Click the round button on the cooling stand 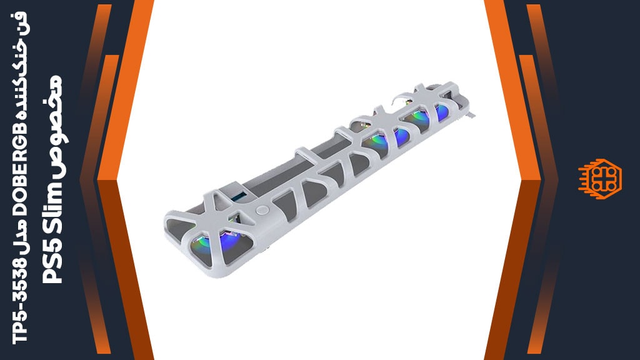click(x=262, y=211)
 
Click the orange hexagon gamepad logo click(x=599, y=179)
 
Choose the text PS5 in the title click(x=52, y=262)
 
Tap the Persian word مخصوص click(x=53, y=126)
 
